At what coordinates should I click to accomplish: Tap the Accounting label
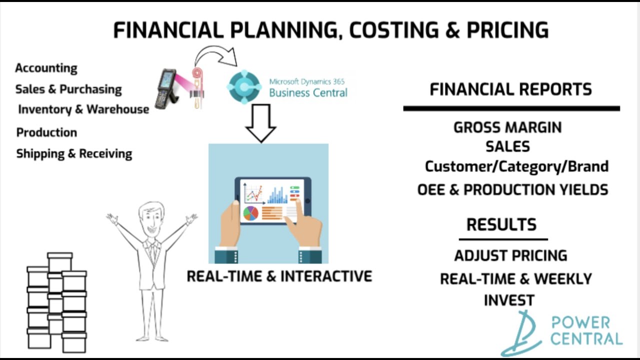46,68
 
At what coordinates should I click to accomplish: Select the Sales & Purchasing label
68,89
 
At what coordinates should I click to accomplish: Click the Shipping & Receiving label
74,153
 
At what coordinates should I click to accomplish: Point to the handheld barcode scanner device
165,88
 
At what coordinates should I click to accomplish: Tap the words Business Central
308,92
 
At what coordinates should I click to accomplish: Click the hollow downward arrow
260,123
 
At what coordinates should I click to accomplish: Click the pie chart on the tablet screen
250,213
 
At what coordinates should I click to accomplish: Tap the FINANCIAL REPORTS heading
510,89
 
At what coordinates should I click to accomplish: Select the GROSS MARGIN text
507,127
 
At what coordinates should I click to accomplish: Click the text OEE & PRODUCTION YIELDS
512,190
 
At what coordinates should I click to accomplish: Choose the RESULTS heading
501,224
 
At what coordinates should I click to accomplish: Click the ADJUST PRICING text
510,255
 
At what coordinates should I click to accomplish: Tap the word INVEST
509,300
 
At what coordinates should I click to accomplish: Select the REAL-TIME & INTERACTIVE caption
279,276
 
